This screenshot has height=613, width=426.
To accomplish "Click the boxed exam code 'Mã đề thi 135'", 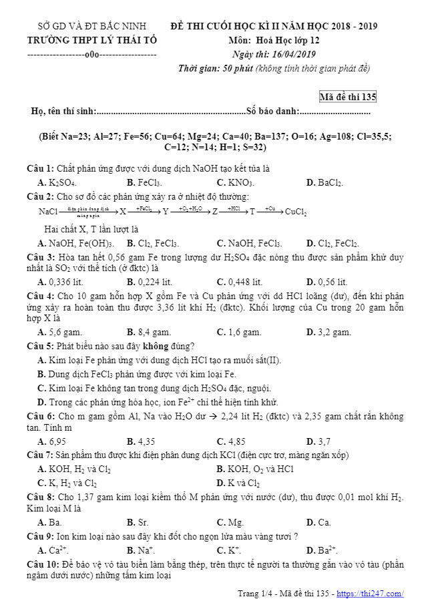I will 348,97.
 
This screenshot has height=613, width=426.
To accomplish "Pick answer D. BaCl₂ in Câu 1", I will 325,182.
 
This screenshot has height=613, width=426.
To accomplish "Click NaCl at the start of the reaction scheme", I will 48,212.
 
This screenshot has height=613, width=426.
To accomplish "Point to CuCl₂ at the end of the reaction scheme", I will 296,212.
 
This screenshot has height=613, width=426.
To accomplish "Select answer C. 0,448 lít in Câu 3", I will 239,282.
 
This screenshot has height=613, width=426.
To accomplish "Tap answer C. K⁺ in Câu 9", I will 229,550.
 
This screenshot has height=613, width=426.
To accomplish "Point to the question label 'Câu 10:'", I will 43,564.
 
